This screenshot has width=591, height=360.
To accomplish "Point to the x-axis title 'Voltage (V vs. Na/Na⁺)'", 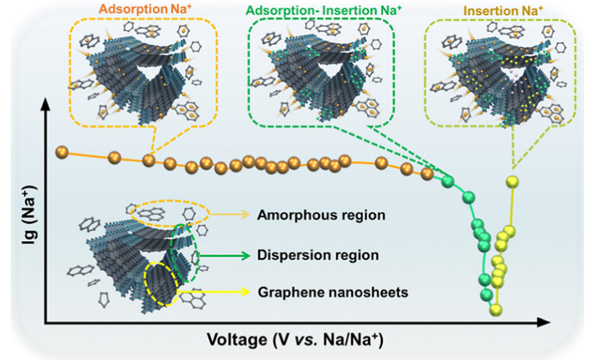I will tap(294, 341).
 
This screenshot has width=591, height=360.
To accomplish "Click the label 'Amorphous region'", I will tap(321, 215).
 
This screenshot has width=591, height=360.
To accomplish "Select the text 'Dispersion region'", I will tap(318, 256).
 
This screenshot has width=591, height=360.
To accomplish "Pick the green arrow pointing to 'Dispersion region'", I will tap(224, 256).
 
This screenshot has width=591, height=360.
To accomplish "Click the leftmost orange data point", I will tap(62, 152).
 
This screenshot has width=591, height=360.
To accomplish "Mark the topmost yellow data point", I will tap(513, 182).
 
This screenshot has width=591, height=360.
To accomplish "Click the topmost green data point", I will tap(448, 183).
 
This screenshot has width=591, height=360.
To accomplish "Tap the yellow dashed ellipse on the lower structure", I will tap(161, 284).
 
